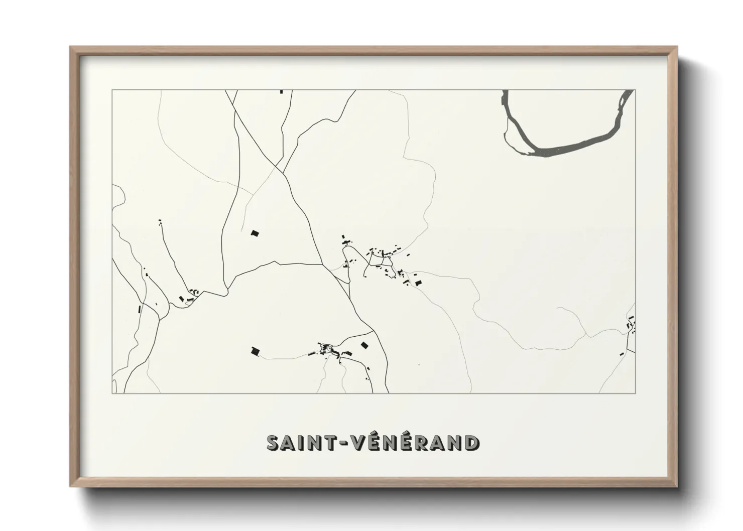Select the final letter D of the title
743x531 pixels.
pos(471,443)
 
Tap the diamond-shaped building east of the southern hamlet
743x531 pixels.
pos(364,345)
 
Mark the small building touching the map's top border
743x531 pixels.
pos(282,91)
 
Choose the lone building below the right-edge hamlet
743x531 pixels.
pos(623,354)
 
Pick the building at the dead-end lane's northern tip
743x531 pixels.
pos(161,221)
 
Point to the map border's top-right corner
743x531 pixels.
pos(635,90)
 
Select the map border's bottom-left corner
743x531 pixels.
pos(112,393)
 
